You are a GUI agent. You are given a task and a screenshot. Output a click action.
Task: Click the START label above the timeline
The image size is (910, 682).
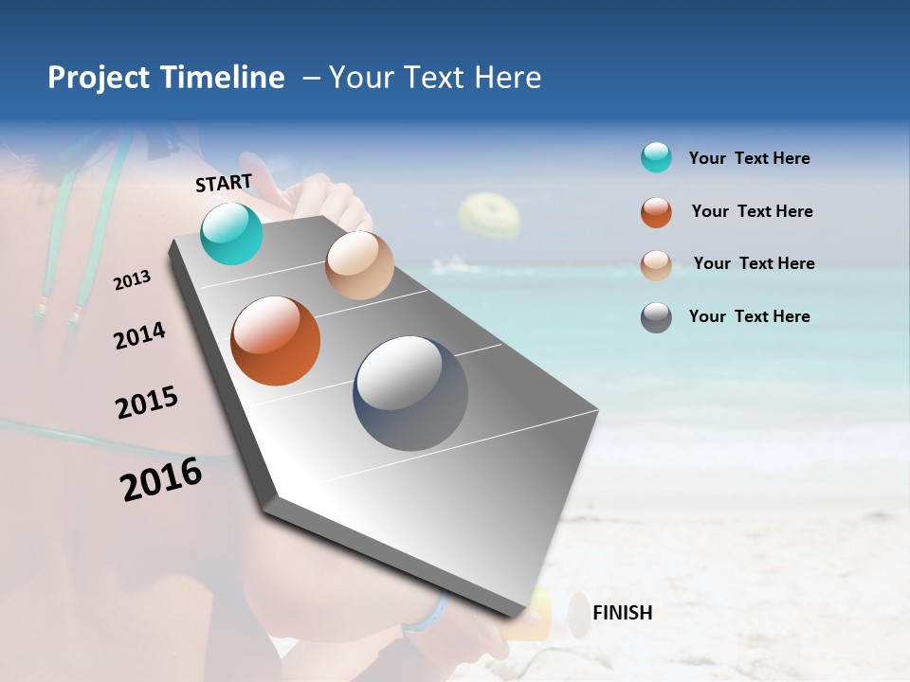tap(224, 183)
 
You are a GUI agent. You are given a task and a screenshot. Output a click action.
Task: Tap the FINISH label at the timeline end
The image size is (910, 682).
tap(622, 613)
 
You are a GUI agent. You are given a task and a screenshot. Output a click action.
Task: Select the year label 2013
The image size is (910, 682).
tap(132, 280)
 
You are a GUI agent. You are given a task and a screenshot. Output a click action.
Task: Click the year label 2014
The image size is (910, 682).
tap(139, 336)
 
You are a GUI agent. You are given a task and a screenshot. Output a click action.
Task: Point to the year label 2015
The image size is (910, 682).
tap(147, 403)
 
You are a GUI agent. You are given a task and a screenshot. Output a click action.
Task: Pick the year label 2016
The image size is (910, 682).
tap(161, 479)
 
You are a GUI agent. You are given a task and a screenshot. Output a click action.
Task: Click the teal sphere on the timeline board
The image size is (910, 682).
tap(232, 234)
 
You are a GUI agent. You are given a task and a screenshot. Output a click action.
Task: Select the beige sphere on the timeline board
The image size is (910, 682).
tap(359, 265)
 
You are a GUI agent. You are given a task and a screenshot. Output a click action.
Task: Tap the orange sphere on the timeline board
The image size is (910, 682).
tap(276, 341)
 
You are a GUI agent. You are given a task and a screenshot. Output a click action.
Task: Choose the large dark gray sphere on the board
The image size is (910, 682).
tap(410, 393)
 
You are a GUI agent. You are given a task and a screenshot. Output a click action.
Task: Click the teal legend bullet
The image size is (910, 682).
tap(656, 158)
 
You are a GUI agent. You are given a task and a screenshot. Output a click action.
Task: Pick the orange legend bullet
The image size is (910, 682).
tap(656, 212)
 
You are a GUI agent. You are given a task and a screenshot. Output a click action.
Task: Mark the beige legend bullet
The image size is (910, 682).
tap(656, 265)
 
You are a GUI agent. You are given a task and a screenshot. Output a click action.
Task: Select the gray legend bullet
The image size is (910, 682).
tap(656, 317)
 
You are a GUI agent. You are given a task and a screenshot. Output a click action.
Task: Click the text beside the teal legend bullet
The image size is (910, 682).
tap(749, 158)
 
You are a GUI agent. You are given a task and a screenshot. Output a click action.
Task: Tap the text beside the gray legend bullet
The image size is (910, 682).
tap(749, 316)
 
